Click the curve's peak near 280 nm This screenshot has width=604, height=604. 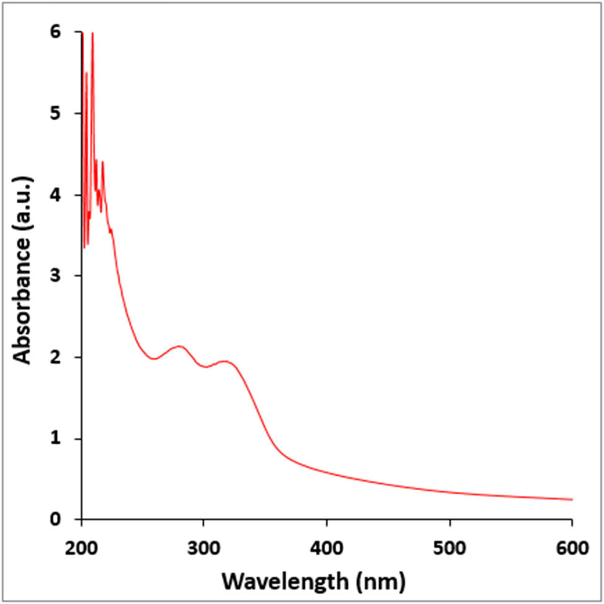[179, 346]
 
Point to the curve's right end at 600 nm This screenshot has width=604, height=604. [571, 499]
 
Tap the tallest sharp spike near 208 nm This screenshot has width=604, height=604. [92, 33]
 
